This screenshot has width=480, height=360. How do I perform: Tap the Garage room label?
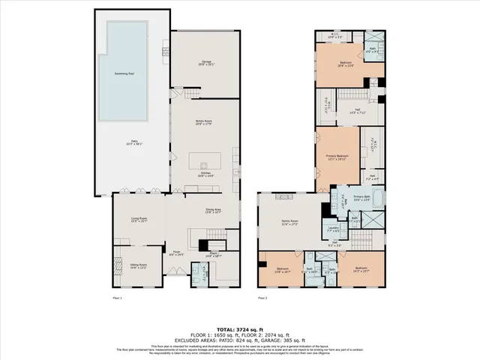coord(205,62)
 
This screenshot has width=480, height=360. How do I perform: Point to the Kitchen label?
coord(205,174)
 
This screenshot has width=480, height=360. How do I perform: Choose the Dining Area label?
coord(213,211)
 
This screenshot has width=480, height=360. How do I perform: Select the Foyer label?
coord(177,253)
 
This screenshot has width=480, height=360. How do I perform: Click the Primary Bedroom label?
coord(337,157)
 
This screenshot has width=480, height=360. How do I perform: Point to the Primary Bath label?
coord(362,198)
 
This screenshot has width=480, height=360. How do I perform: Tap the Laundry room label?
coord(334,229)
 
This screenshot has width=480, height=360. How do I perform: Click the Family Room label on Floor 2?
coord(289,222)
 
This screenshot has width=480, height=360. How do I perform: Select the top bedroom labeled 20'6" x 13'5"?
coord(345,64)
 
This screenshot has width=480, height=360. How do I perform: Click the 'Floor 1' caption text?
coord(116,298)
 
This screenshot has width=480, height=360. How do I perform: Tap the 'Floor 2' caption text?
coord(262,298)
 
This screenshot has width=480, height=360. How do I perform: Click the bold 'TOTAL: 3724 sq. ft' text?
coord(240,329)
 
